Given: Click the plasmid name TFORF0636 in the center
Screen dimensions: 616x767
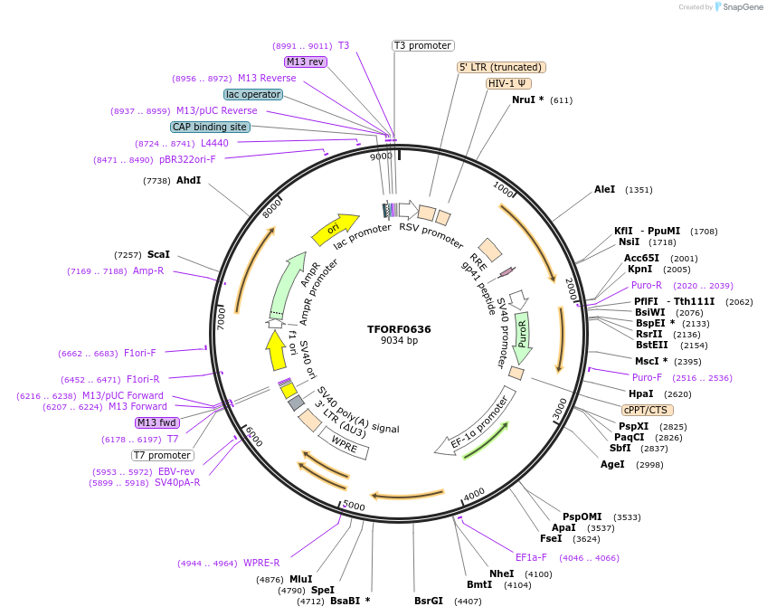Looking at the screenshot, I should point(399,329).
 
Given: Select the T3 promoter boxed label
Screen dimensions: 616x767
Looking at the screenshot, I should point(422,45).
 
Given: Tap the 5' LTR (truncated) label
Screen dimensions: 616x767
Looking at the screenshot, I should point(501,67).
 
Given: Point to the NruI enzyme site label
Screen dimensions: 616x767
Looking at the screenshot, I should point(527,100).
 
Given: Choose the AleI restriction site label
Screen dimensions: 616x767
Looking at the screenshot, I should point(604,190).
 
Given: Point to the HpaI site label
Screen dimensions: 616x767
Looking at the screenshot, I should point(640,393).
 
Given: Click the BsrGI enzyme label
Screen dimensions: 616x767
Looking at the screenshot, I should point(429,600).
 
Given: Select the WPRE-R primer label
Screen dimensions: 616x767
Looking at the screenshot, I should point(261,563).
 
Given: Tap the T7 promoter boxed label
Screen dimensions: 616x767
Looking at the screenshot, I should point(162,455).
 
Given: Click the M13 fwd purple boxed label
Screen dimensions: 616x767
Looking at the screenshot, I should point(156,422).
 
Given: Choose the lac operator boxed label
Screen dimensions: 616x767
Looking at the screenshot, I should point(252,94).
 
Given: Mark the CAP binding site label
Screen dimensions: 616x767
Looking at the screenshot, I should point(210,127).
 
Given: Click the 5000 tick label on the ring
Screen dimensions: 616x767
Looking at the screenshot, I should point(354,505).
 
